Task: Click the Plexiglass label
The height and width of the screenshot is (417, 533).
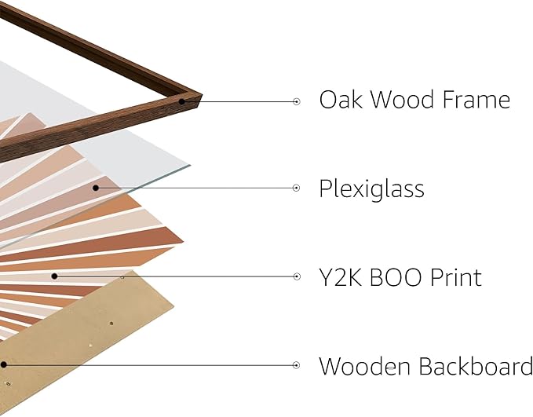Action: coord(371,188)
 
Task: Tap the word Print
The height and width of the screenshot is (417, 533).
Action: coord(456,277)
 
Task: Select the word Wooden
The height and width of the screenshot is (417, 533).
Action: coord(364,366)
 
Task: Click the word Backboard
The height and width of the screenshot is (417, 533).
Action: coord(476,366)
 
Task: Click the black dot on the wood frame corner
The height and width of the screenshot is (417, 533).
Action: coord(182,101)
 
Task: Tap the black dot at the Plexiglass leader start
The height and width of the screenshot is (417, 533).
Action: coord(96,188)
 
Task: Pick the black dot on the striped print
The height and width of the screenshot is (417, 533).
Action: coord(54,276)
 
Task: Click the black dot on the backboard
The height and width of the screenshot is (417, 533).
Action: coord(3,365)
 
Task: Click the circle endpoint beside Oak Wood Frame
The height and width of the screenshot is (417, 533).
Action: coord(297,101)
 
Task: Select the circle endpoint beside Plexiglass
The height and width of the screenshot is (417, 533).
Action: coord(297,188)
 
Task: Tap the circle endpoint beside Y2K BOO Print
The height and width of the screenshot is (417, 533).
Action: coord(297,276)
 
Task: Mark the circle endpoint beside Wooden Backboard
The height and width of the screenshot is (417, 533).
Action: coord(297,365)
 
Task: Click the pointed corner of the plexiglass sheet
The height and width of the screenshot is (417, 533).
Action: coord(191,165)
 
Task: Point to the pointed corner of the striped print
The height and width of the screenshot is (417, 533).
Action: coord(184,242)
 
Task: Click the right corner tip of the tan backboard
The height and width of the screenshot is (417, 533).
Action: coord(174,307)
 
